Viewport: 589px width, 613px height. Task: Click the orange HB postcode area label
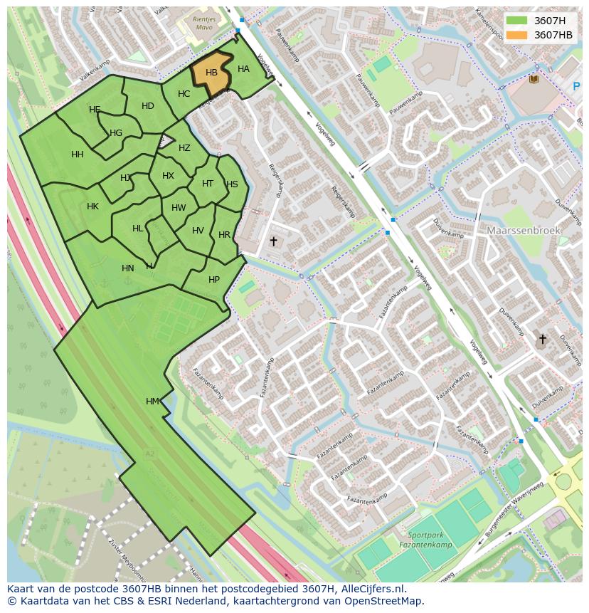[211, 73]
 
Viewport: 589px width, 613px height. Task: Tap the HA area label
[243, 69]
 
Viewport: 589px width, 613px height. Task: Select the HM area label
[152, 402]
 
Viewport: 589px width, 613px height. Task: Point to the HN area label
[128, 268]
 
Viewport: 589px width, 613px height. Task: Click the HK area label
[92, 206]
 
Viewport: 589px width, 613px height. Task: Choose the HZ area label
[184, 148]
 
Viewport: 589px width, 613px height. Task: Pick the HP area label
[214, 280]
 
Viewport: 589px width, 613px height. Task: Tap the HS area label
[232, 184]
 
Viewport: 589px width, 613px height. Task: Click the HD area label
[148, 106]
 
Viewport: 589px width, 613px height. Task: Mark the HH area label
[78, 154]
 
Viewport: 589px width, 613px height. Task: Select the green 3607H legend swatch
[516, 21]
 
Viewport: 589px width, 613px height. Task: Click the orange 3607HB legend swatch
[516, 35]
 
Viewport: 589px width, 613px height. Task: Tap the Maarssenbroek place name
[524, 231]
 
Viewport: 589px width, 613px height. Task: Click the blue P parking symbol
[576, 86]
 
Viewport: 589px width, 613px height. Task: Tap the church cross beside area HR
[273, 241]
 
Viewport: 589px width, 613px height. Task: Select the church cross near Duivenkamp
[542, 339]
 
